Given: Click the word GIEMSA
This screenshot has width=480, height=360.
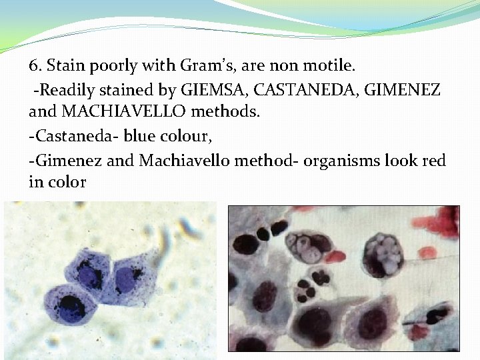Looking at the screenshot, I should coord(211,90).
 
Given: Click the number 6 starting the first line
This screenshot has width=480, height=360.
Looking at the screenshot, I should coord(34,66).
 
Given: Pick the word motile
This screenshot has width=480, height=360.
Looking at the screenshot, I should coord(333,66).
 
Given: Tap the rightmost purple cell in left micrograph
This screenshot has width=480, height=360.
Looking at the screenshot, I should coord(126,278).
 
